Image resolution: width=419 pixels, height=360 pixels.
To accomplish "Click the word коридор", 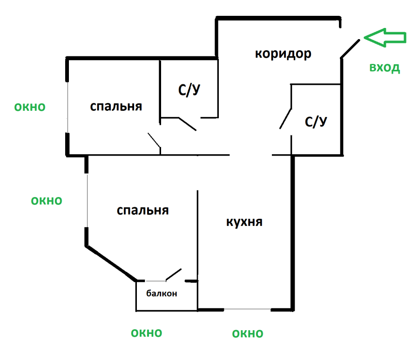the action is pos(283,54).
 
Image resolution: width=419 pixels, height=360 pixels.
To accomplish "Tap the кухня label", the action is pos(244,222).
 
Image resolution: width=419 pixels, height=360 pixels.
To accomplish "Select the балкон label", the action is pos(162,293).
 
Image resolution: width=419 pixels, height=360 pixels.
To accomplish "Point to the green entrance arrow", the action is pos(385,37).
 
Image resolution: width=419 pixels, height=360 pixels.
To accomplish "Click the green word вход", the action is pos(385,68).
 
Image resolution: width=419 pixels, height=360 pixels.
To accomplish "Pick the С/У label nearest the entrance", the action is pos(316,122).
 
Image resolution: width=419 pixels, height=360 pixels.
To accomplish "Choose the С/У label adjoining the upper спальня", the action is pos(189,90).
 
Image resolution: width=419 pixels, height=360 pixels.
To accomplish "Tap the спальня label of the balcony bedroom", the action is pos(143,211).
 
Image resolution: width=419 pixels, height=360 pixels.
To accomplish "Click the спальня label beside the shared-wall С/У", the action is pos(116,107).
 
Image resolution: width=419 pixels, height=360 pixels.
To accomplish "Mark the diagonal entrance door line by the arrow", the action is pos(350,48).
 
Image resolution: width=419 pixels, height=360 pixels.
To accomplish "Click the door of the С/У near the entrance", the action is pos(285,119).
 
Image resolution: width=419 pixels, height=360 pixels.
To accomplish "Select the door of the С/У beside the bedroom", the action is pos(187,124).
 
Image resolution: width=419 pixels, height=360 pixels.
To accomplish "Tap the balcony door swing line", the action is pos(174,275).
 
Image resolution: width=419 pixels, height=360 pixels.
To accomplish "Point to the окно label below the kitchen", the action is pos(248,334).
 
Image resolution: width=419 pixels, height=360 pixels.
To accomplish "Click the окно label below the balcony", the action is pos(147,333).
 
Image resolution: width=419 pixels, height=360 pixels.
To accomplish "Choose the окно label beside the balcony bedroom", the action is pos(47,201).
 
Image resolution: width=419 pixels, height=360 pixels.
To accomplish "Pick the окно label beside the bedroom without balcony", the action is pos(30,107).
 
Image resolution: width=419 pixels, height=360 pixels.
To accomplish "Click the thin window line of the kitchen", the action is pos(247,309).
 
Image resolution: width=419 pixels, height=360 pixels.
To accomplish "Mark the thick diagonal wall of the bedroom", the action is pos(111,263).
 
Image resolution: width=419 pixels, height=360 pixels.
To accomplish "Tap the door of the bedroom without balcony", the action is pos(154,140).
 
